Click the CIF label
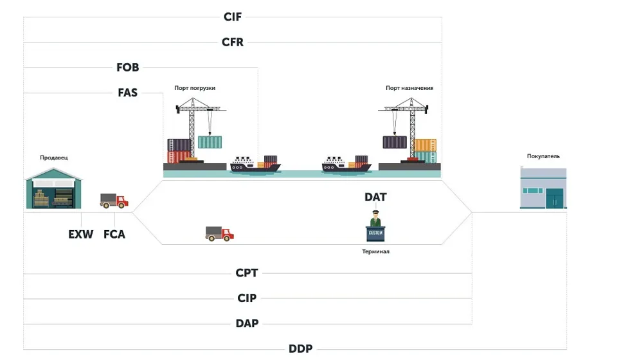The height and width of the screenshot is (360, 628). click(x=233, y=17)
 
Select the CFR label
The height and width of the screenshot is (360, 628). click(x=233, y=42)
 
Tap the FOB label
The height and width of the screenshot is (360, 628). click(x=128, y=67)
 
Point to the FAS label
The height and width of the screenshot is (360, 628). click(x=128, y=93)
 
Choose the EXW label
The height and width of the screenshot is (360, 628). click(x=81, y=234)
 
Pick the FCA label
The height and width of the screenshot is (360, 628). click(x=114, y=234)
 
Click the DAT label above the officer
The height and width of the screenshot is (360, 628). click(x=375, y=197)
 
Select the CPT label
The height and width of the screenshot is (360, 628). click(x=247, y=273)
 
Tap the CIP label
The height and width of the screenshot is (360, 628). click(x=247, y=298)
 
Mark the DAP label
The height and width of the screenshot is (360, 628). click(x=247, y=323)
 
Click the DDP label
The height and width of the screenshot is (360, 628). click(x=301, y=349)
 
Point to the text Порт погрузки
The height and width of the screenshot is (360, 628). click(x=195, y=88)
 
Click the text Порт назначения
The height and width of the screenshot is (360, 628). click(x=409, y=88)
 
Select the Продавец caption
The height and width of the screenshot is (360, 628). click(x=53, y=157)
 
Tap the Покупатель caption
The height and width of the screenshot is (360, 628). click(x=543, y=156)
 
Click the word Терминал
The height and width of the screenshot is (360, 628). click(x=375, y=251)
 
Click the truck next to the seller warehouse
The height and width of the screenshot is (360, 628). click(x=114, y=201)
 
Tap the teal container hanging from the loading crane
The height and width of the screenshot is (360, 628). click(x=210, y=142)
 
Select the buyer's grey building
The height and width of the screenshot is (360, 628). click(x=544, y=188)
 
